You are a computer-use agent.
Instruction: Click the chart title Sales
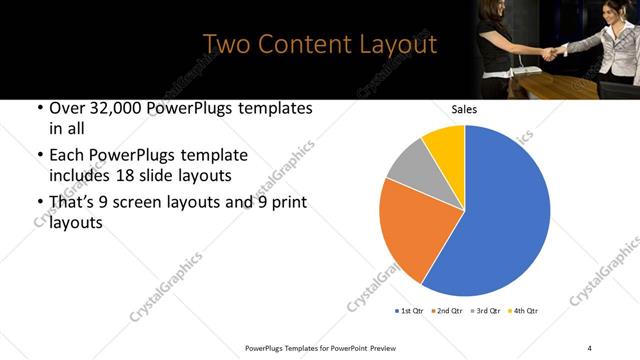click(464, 109)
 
